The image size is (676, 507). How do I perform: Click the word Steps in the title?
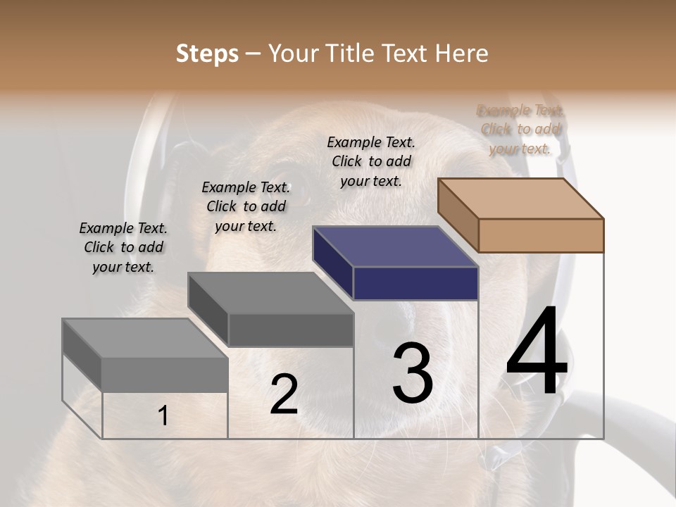207,54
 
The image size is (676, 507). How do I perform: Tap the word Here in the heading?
461,54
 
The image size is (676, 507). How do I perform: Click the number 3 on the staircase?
412,373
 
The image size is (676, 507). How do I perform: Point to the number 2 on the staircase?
284,394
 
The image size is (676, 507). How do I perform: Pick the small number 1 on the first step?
163,416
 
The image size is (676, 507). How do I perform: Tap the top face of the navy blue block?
395,246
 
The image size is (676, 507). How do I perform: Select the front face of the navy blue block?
415,284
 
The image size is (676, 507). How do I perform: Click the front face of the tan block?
541,235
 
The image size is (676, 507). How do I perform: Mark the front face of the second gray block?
291,330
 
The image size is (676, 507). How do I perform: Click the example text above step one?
123,247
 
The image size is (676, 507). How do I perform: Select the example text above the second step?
246,206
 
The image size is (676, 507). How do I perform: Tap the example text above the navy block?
371,161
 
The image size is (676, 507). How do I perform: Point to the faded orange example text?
520,129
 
